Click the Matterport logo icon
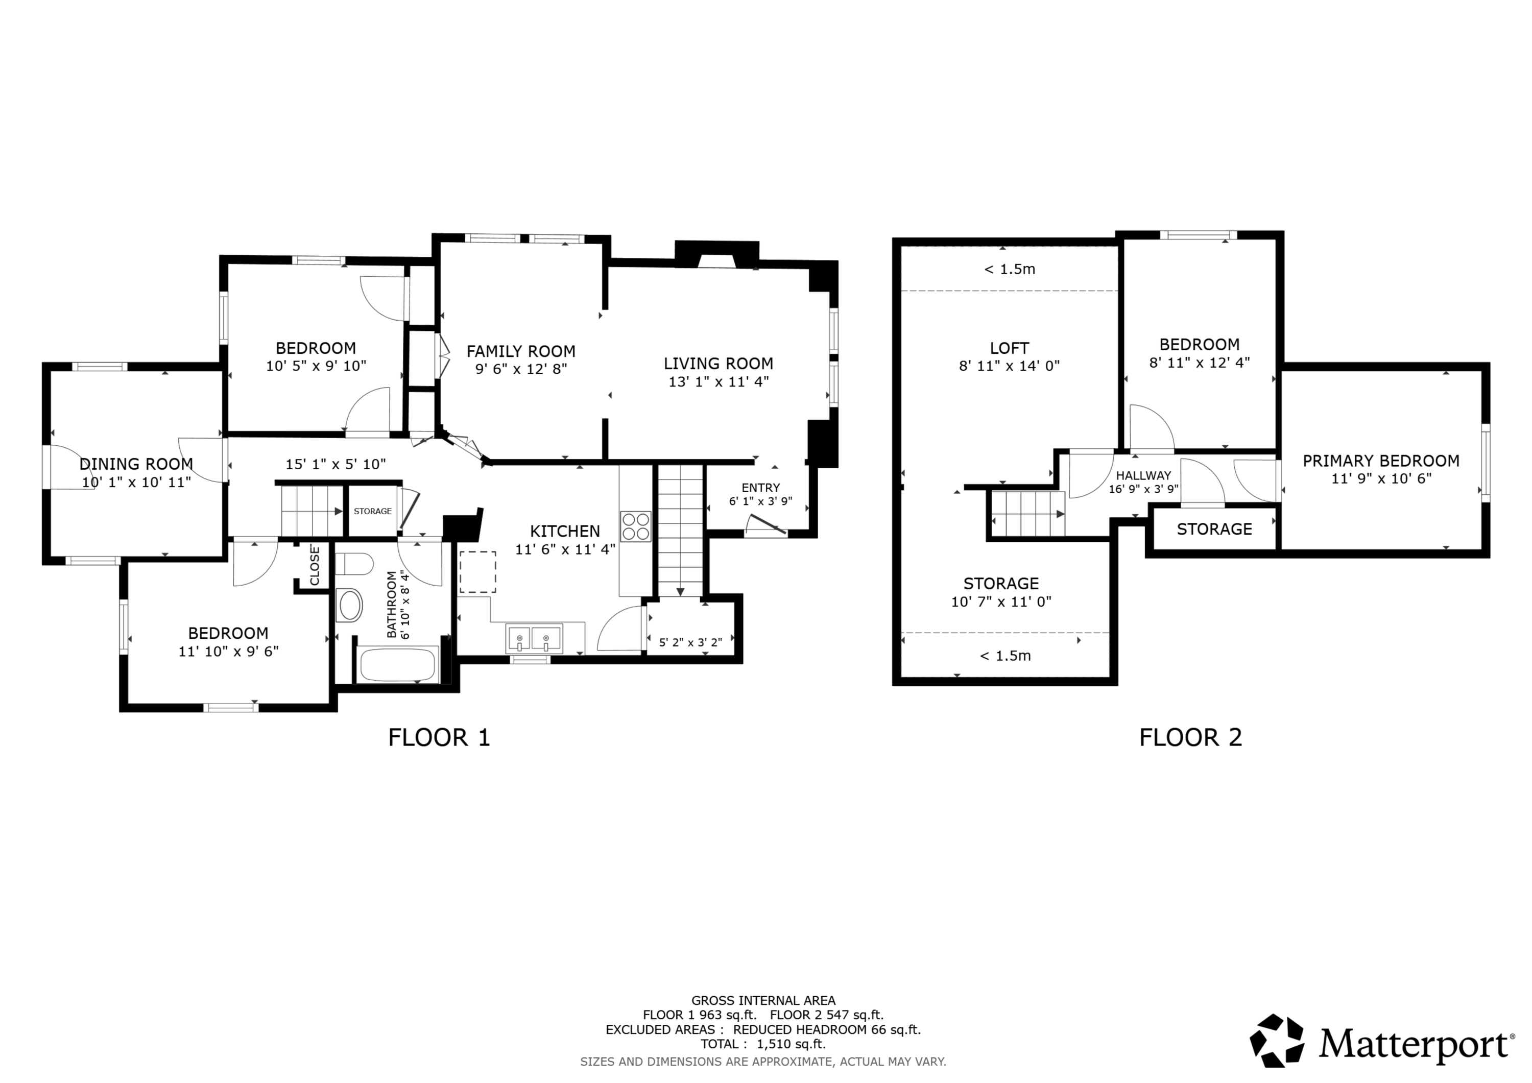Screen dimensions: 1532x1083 tap(1277, 1041)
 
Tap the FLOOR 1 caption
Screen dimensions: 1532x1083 tap(439, 737)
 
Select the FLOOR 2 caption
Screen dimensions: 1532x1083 tap(1190, 737)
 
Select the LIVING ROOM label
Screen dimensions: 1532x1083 tap(719, 364)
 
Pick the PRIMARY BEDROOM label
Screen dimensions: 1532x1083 tap(1381, 461)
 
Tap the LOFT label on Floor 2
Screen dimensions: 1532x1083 tap(1010, 348)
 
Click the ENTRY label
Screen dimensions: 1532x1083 tap(761, 488)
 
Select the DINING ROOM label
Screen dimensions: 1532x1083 tap(136, 464)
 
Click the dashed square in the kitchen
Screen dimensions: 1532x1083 tap(478, 572)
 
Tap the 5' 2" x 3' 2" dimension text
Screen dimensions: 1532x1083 tap(690, 642)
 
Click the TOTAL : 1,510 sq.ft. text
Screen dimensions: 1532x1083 tap(763, 1044)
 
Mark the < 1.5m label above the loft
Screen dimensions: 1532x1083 tap(1010, 269)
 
